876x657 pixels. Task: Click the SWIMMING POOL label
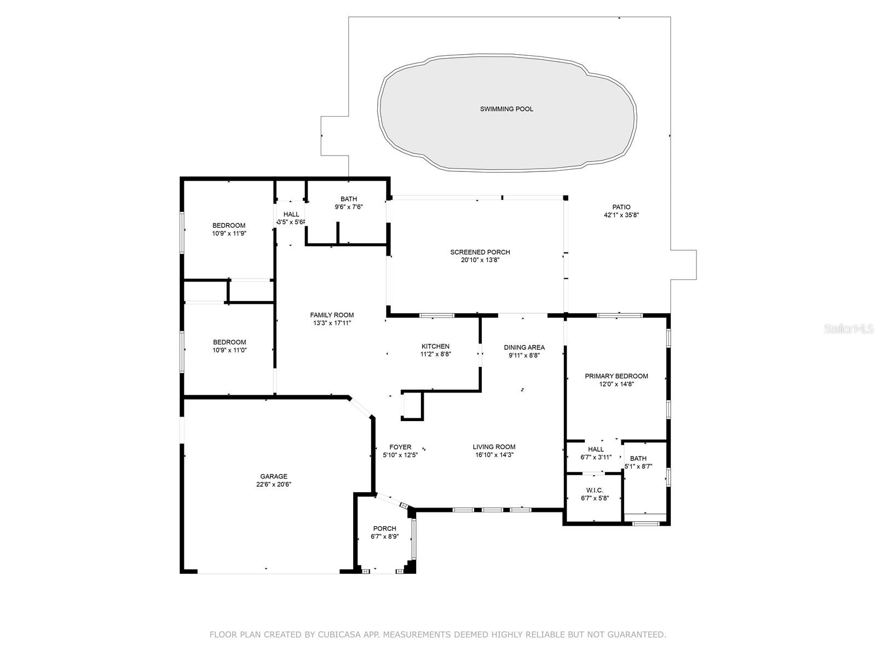(x=506, y=109)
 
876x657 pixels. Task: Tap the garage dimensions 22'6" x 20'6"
(x=274, y=484)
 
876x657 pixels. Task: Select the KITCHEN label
(x=435, y=346)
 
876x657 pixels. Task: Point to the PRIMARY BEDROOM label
(x=616, y=376)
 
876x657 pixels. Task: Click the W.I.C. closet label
(x=594, y=491)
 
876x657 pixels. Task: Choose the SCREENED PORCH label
(x=480, y=252)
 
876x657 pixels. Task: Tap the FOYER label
(x=400, y=447)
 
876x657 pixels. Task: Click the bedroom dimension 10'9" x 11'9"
(x=229, y=233)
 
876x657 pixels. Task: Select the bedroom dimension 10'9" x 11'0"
(x=229, y=350)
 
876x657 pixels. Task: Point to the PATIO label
(x=621, y=207)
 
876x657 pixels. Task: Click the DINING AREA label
(x=524, y=347)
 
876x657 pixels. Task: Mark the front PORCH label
(x=384, y=528)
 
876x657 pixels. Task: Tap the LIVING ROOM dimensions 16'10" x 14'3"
(x=494, y=454)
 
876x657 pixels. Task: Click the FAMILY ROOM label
(x=332, y=315)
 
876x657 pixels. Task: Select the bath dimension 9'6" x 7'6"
(x=349, y=207)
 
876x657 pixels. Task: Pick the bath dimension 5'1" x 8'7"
(x=638, y=466)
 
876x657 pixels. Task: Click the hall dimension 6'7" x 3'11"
(x=596, y=457)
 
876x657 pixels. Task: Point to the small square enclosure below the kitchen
(x=412, y=406)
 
